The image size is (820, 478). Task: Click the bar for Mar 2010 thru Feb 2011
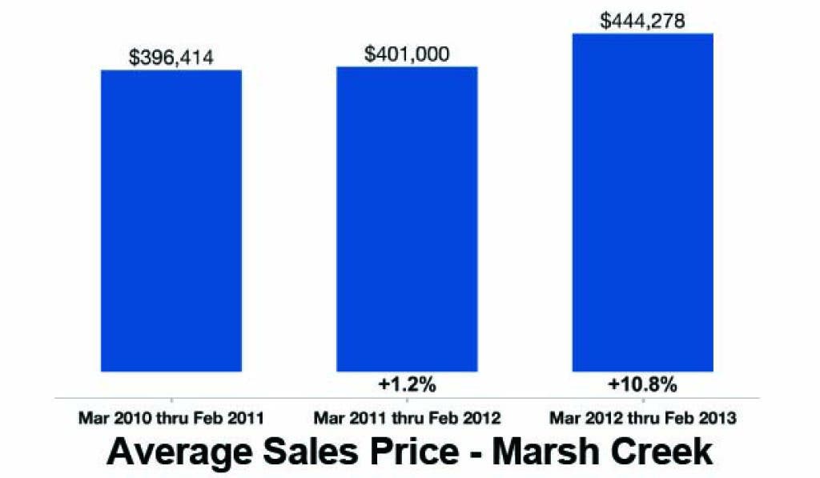(171, 220)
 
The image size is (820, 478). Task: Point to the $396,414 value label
(171, 58)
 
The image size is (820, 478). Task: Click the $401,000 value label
(407, 54)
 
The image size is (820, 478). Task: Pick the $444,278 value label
(642, 21)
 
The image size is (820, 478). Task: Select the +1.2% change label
(407, 384)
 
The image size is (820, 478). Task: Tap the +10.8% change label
(642, 384)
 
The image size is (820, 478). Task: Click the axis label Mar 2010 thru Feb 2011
(171, 418)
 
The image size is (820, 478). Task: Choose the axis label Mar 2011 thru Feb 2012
(407, 418)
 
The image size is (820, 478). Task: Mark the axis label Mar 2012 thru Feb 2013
(642, 418)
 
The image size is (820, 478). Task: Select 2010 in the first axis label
(126, 418)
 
